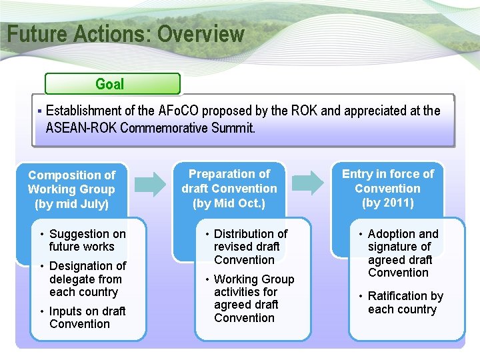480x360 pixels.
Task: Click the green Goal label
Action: point(110,84)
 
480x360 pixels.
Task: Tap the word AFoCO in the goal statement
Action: point(179,111)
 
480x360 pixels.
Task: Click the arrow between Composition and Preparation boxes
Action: point(155,183)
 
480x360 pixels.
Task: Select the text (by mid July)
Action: point(71,204)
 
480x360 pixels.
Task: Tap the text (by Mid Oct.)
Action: point(229,203)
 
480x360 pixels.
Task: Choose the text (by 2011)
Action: point(387,203)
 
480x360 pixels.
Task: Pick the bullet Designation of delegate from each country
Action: point(87,279)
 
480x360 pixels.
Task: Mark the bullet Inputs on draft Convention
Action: point(86,317)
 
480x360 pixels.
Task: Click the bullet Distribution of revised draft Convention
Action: point(249,247)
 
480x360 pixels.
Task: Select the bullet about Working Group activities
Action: point(253,298)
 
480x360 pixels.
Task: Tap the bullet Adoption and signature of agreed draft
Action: point(402,253)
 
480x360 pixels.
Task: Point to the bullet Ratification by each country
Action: point(404,303)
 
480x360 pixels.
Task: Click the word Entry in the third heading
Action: point(357,174)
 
